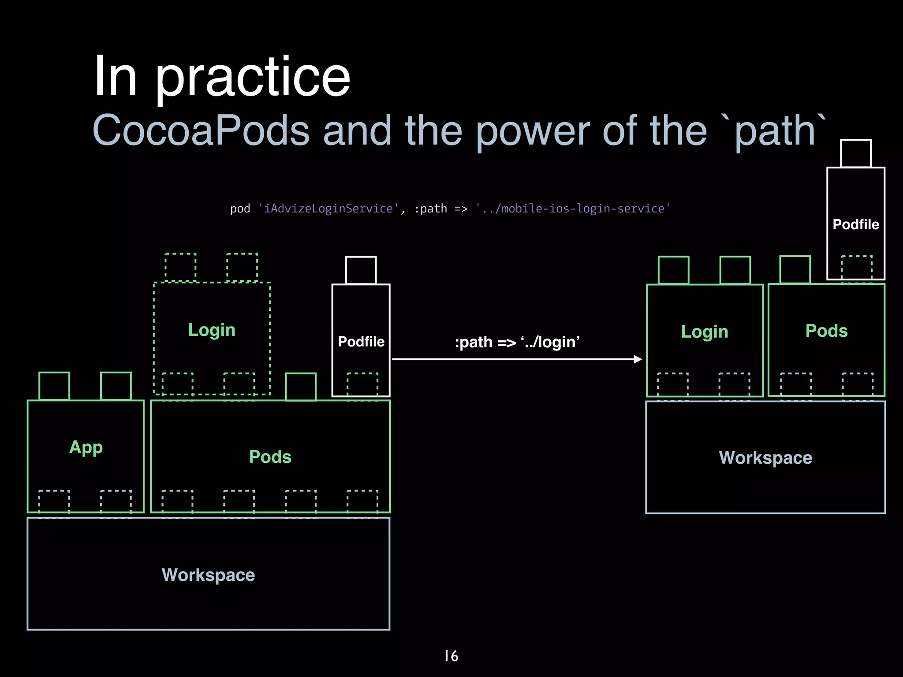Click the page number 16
click(451, 656)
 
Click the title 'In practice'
click(222, 77)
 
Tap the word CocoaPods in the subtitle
click(201, 130)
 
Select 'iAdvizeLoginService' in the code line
click(328, 208)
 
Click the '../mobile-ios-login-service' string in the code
click(573, 208)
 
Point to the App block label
click(86, 447)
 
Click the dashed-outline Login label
click(212, 330)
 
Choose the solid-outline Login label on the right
click(705, 332)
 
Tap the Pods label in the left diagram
click(270, 457)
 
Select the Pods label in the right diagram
click(826, 331)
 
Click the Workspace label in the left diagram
click(208, 575)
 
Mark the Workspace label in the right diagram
click(765, 458)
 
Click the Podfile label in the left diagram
click(361, 342)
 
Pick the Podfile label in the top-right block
click(856, 224)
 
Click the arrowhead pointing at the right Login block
click(638, 359)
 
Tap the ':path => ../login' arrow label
click(517, 342)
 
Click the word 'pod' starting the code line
click(240, 208)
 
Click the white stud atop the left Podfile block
click(361, 270)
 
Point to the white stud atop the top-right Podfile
click(856, 153)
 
